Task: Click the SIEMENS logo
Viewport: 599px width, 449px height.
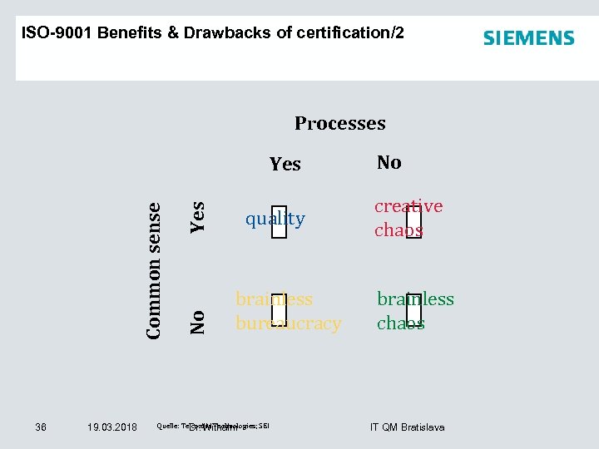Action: click(528, 38)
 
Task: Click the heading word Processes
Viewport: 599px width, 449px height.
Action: click(339, 124)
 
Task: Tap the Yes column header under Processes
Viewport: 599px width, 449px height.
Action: click(285, 165)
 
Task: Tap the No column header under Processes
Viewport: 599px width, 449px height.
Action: click(389, 163)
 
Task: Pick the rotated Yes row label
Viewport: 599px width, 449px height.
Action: click(198, 216)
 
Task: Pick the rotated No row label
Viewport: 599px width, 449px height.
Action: click(198, 321)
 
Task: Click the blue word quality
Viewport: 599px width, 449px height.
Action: click(275, 220)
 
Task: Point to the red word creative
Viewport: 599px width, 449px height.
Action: click(408, 206)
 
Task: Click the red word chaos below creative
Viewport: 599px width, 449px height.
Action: click(399, 230)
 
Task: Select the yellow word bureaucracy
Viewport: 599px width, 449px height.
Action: click(288, 323)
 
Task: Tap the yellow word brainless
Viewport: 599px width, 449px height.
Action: click(274, 299)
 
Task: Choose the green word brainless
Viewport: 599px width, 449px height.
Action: click(415, 299)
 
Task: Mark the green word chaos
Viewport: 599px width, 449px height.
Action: click(400, 323)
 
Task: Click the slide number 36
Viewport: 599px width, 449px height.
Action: click(41, 427)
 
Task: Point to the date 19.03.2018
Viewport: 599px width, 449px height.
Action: click(112, 427)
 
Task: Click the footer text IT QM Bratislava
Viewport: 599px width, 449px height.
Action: click(407, 427)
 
